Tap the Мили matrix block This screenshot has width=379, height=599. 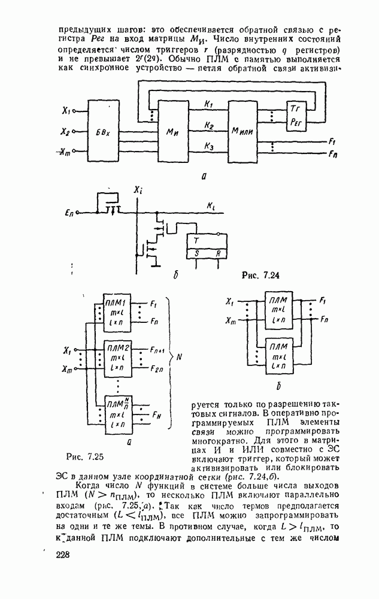pos(245,133)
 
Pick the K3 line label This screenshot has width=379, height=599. pos(209,146)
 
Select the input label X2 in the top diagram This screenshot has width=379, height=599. pos(65,131)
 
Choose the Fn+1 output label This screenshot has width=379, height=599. pos(159,348)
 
